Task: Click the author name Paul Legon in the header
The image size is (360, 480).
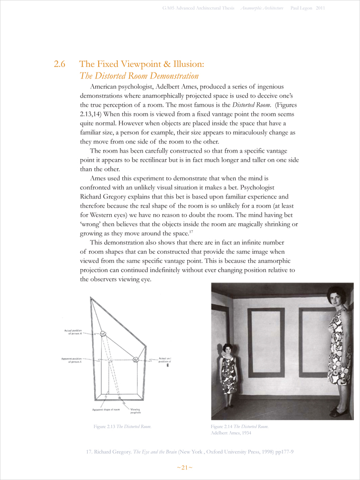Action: [x=301, y=9]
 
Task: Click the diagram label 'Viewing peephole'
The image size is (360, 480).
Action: [x=135, y=411]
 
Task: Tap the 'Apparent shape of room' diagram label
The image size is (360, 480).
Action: [x=106, y=410]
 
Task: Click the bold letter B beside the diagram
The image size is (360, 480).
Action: [x=168, y=366]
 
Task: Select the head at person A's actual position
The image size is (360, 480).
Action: [x=103, y=333]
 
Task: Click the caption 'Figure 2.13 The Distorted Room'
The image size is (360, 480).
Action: [x=122, y=427]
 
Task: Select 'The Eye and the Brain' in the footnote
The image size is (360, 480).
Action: [x=152, y=452]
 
